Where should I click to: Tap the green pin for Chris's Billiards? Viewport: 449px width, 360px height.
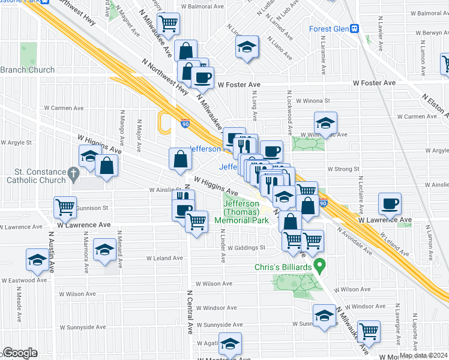(x=320, y=264)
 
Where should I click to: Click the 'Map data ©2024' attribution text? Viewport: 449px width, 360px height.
(x=423, y=355)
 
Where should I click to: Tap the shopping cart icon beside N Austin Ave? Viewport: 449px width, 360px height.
(x=65, y=207)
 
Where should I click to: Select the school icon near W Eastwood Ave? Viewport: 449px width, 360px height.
(x=37, y=260)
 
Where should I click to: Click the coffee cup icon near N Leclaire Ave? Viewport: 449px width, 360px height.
(x=390, y=203)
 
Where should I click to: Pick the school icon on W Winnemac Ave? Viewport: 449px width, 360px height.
(x=325, y=122)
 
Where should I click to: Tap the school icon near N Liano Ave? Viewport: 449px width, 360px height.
(x=246, y=47)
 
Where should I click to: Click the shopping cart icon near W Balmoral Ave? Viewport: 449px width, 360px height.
(x=170, y=23)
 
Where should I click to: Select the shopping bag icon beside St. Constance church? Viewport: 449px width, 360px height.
(x=106, y=166)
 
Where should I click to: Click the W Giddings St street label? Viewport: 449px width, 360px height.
(x=246, y=247)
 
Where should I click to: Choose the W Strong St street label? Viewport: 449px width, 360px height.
(x=343, y=170)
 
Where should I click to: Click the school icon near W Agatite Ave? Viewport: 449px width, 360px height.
(x=229, y=343)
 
